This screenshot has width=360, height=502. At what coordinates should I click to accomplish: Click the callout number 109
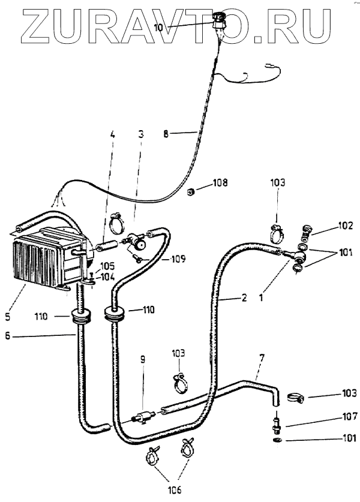coord(177,260)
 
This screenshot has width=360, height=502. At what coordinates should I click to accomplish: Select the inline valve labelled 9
coord(142,415)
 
